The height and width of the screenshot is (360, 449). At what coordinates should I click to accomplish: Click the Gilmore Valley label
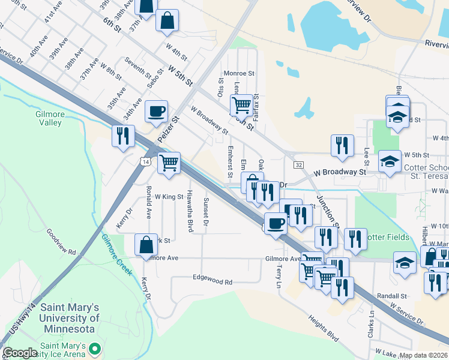[x=49, y=118]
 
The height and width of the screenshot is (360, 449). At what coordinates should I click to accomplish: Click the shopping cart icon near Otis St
[x=241, y=105]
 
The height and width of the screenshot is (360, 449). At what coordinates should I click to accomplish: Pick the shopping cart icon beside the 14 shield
[x=169, y=162]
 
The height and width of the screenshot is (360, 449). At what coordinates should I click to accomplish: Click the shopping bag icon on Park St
[x=146, y=245]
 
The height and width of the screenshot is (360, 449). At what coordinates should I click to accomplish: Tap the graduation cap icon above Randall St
[x=405, y=263]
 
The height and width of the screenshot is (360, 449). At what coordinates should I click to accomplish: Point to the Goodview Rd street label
[x=61, y=241]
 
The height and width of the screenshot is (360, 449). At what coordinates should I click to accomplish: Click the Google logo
[x=20, y=353]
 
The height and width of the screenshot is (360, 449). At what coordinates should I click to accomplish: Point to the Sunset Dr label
[x=206, y=212]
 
